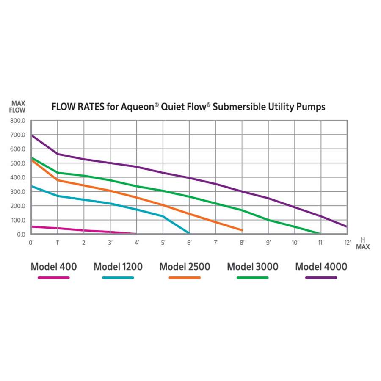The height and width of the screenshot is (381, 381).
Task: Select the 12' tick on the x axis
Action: click(x=348, y=243)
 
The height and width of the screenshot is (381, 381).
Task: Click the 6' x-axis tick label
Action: click(x=189, y=243)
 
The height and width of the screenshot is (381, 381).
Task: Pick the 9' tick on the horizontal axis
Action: click(x=268, y=243)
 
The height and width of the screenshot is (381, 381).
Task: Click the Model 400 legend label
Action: click(x=53, y=267)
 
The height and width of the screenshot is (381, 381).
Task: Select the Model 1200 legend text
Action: click(x=118, y=267)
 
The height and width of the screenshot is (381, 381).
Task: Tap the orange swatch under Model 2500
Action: click(x=185, y=278)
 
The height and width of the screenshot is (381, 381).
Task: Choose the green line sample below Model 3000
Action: click(x=253, y=278)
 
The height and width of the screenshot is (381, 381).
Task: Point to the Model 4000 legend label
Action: click(x=321, y=267)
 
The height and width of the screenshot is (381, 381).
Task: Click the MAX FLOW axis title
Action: click(x=18, y=107)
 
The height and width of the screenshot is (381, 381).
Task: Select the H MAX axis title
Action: click(x=362, y=243)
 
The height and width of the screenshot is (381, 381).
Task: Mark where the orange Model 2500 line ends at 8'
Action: click(x=242, y=230)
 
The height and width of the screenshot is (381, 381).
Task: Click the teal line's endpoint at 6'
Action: click(x=189, y=234)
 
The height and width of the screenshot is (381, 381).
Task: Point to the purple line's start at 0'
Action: click(x=32, y=135)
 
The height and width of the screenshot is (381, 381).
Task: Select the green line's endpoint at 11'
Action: click(x=321, y=234)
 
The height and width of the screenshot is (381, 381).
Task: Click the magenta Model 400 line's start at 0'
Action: click(x=32, y=226)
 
